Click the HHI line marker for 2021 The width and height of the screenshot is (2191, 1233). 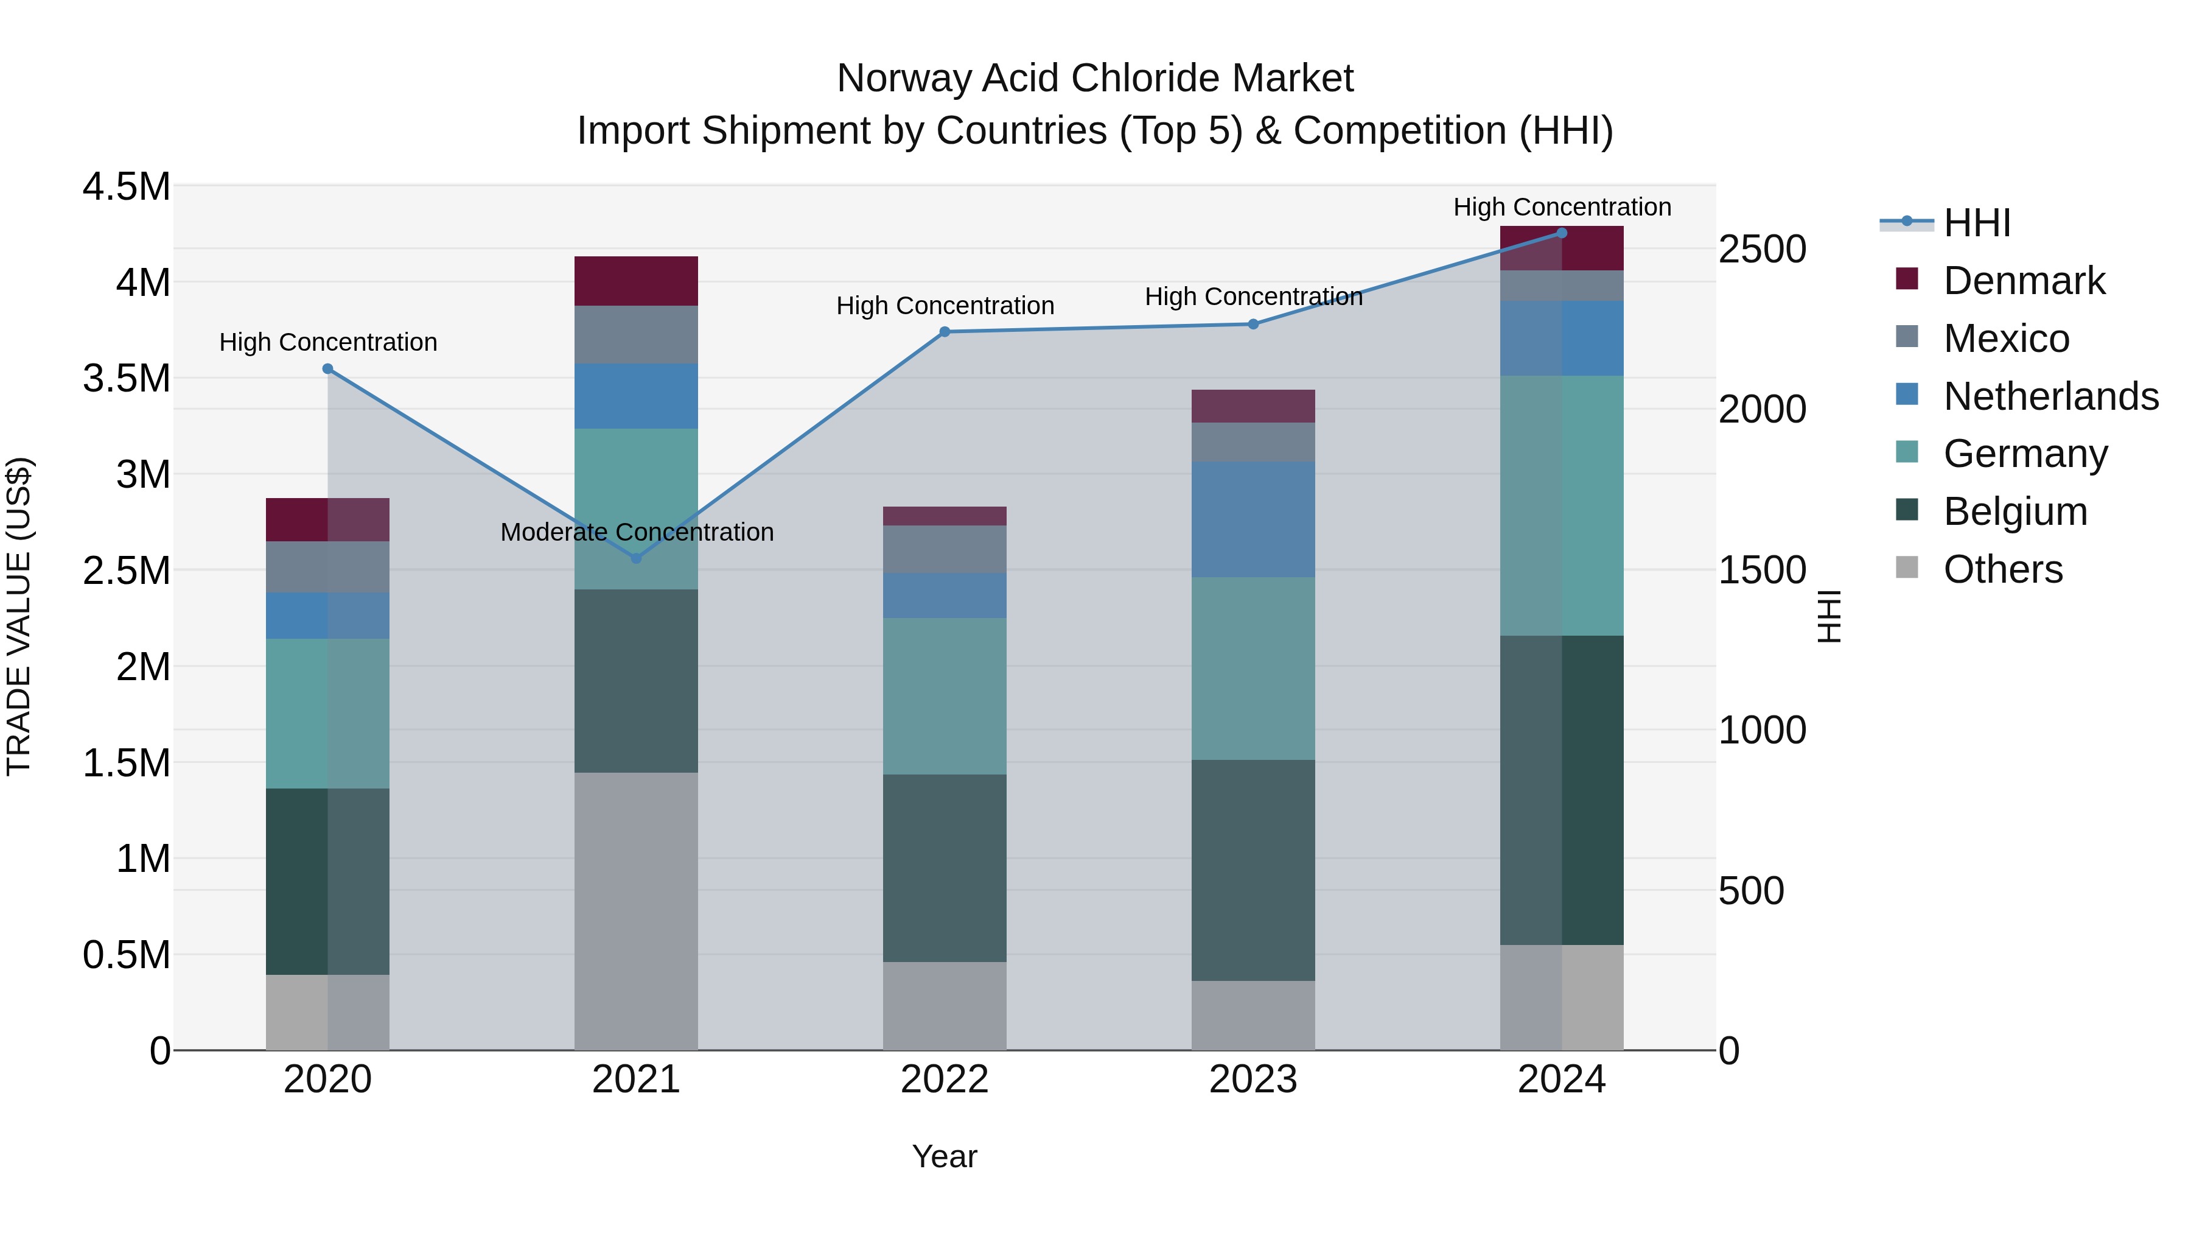coord(635,558)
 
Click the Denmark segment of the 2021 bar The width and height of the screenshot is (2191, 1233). coord(635,281)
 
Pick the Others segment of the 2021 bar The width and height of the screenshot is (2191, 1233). coord(635,910)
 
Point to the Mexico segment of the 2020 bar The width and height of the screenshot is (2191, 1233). coord(327,567)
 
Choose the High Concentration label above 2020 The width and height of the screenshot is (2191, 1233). coord(327,342)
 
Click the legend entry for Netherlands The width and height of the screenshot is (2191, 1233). coord(2050,396)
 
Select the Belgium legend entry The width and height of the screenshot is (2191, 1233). coord(2015,511)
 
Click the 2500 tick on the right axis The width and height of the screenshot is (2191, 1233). coord(1761,249)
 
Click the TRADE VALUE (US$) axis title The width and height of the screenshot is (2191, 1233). coord(19,616)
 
